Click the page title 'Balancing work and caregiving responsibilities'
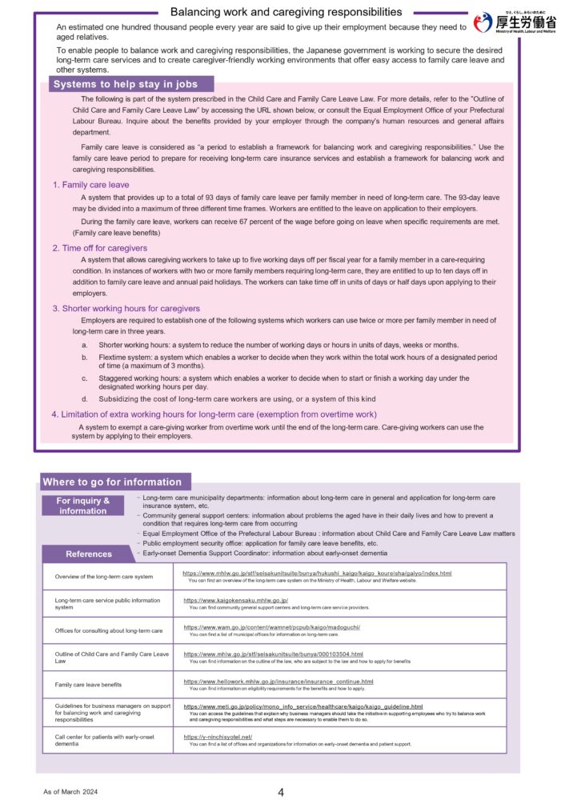[x=287, y=12]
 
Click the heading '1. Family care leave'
[x=90, y=185]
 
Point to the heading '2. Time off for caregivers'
[x=105, y=248]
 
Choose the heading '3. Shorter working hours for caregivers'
[x=126, y=308]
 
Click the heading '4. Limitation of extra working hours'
[x=214, y=414]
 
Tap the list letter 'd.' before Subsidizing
[x=85, y=398]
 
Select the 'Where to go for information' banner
[x=112, y=482]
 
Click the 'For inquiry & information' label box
[x=82, y=506]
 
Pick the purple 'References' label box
[x=89, y=554]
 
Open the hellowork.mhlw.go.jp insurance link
[x=278, y=681]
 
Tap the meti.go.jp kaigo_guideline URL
[x=303, y=706]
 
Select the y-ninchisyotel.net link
[x=218, y=737]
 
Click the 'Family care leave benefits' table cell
[x=88, y=685]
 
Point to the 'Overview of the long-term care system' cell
[x=103, y=576]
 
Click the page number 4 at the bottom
[x=281, y=793]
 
